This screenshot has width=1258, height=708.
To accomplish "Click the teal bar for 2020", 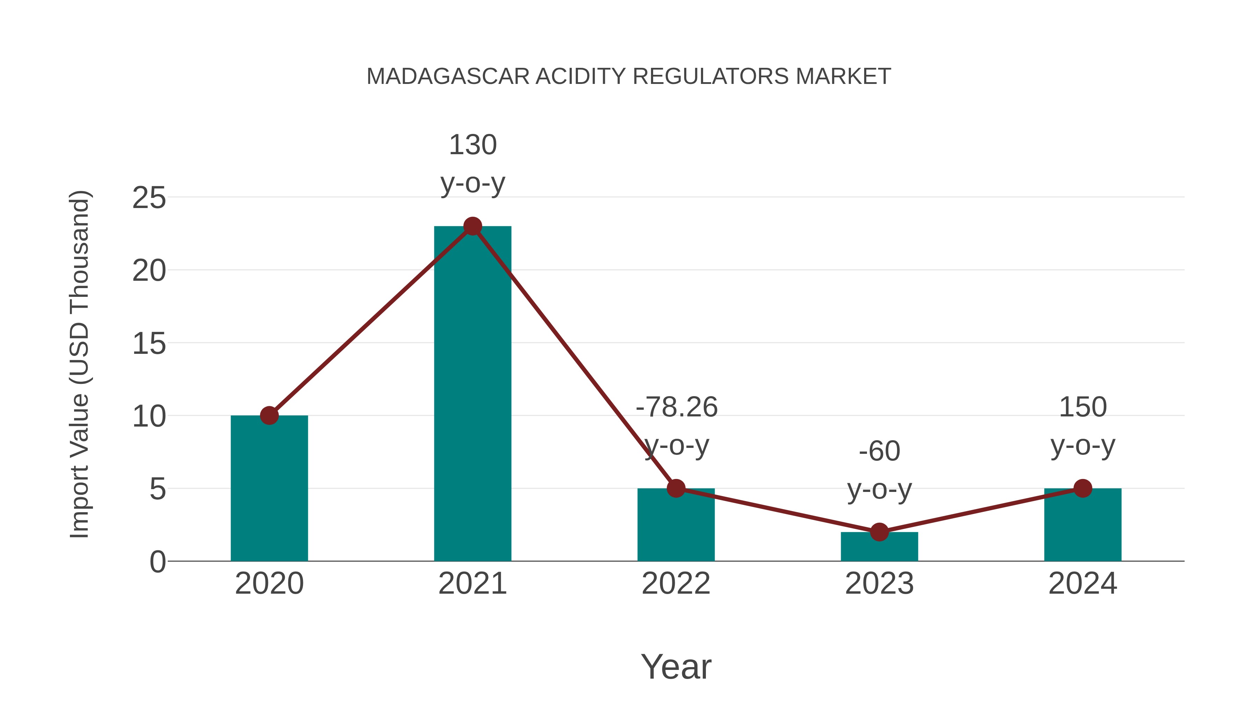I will pyautogui.click(x=269, y=489).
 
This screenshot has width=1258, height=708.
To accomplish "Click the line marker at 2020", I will pyautogui.click(x=269, y=416).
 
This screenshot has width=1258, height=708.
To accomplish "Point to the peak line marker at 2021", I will pyautogui.click(x=472, y=226).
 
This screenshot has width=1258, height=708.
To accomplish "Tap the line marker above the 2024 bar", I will pyautogui.click(x=1083, y=488).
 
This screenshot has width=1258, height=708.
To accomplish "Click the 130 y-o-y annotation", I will pyautogui.click(x=472, y=164).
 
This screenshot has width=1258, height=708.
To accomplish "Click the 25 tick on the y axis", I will pyautogui.click(x=149, y=198).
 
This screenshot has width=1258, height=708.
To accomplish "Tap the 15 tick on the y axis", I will pyautogui.click(x=149, y=344).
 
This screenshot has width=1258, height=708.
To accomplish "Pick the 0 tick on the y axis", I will pyautogui.click(x=157, y=562).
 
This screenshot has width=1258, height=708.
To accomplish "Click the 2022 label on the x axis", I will pyautogui.click(x=676, y=584).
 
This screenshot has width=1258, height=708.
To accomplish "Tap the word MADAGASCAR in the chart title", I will pyautogui.click(x=448, y=77).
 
